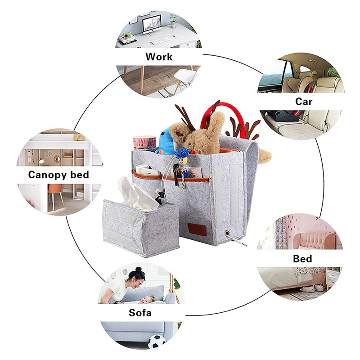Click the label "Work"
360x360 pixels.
coord(158,57)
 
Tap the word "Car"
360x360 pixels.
coord(304,102)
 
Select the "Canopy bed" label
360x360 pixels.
coord(58,175)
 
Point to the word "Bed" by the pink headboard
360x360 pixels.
coord(302,259)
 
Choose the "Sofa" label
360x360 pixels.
coord(140,313)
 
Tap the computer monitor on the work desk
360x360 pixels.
coord(151,25)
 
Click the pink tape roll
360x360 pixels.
coord(144,143)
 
